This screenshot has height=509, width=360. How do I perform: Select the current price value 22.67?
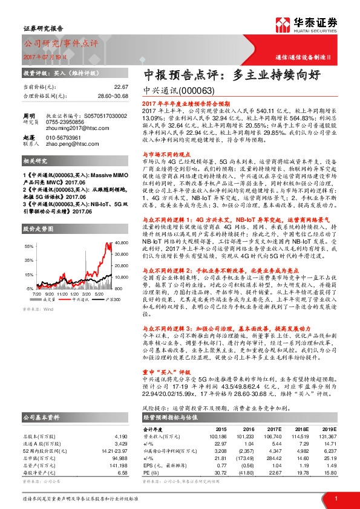point(121,87)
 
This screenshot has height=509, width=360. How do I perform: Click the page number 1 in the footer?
point(335,498)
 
